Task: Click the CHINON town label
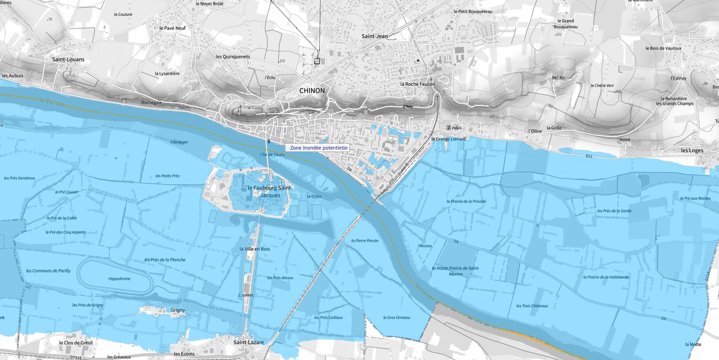click(312, 91)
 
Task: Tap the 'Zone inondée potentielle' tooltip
click(318, 148)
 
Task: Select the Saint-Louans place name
click(68, 60)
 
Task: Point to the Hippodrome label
click(119, 279)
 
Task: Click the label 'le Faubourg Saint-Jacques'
click(270, 192)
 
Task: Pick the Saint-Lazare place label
click(248, 342)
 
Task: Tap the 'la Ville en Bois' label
click(254, 249)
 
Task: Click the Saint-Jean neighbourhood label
click(375, 36)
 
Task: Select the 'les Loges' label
click(692, 151)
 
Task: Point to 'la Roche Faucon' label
click(417, 84)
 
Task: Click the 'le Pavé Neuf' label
click(172, 28)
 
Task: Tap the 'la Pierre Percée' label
click(365, 241)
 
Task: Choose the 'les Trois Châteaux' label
click(532, 306)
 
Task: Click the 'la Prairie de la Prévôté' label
click(466, 201)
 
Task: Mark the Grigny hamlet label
click(178, 310)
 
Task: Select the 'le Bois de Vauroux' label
click(663, 48)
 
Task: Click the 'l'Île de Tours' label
click(272, 155)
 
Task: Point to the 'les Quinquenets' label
click(233, 57)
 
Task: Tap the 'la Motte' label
click(693, 344)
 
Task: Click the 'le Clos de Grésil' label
click(76, 343)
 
